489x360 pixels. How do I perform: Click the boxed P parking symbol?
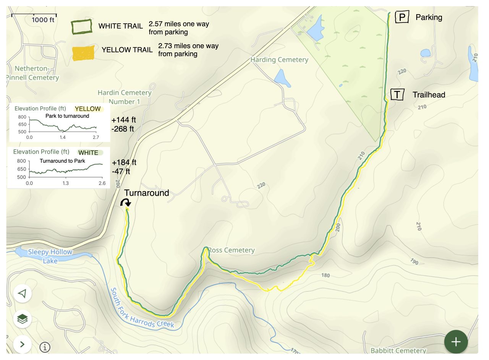(x=402, y=17)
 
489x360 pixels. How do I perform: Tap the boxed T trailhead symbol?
(x=397, y=94)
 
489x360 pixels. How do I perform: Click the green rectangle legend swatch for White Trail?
(x=82, y=27)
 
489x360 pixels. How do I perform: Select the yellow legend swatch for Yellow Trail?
(x=83, y=53)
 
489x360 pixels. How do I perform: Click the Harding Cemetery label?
(x=279, y=60)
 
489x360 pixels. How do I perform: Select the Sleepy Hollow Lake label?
(x=50, y=256)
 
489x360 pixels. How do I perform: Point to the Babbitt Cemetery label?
(x=398, y=350)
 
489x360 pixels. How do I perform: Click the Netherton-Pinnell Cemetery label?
(x=33, y=73)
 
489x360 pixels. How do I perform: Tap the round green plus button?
(x=456, y=342)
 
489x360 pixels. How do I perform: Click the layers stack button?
(x=23, y=319)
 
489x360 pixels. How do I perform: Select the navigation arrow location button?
(x=23, y=294)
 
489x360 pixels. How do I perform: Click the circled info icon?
(x=45, y=347)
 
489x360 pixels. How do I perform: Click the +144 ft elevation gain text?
(x=123, y=120)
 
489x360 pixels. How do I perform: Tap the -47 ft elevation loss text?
(x=121, y=171)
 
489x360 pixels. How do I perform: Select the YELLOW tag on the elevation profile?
(x=87, y=109)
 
